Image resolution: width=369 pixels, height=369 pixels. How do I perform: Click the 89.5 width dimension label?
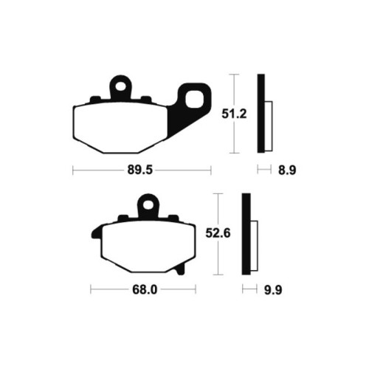[140, 170]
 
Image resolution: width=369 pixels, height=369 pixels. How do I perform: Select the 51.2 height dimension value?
[234, 114]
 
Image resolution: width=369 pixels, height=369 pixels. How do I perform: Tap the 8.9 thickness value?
[287, 170]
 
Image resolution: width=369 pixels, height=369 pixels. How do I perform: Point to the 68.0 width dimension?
[145, 290]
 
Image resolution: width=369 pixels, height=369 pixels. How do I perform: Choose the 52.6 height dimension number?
[218, 233]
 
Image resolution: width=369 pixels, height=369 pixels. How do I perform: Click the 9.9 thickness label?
[273, 290]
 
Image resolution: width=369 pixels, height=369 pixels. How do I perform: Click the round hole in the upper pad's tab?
[120, 86]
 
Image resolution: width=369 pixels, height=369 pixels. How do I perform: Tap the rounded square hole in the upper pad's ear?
[193, 99]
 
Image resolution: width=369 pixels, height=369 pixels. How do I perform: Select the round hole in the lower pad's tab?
[148, 204]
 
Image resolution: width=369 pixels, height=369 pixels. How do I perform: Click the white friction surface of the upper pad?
[120, 127]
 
